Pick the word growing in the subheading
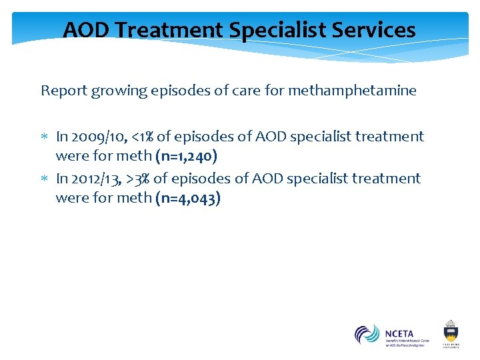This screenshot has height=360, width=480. coord(115,91)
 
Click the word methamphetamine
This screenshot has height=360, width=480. coord(352,90)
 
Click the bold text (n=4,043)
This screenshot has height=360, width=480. coord(188,198)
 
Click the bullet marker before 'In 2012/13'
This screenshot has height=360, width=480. coord(45,179)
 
